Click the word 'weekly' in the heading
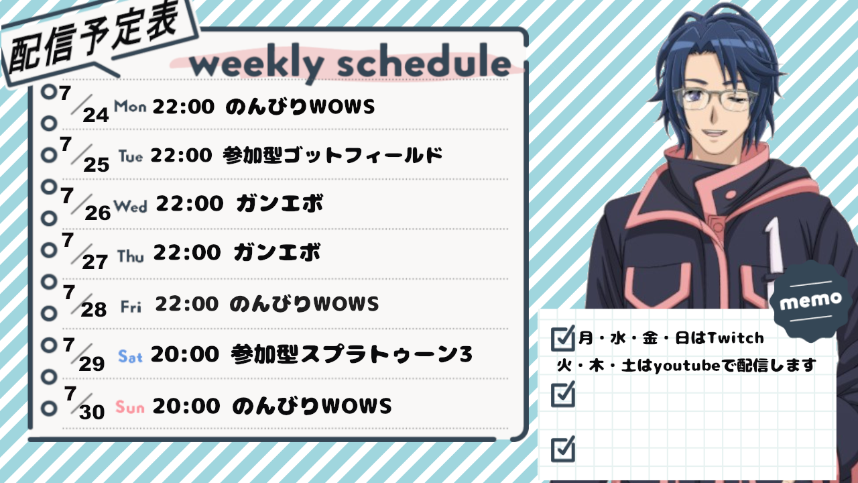click(x=256, y=64)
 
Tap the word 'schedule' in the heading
click(x=424, y=60)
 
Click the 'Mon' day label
click(x=130, y=106)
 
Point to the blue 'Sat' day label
click(x=130, y=357)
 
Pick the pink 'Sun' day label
click(x=130, y=407)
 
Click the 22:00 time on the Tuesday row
click(x=181, y=155)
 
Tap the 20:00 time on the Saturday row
click(x=185, y=354)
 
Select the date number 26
click(x=98, y=213)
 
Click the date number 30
click(x=92, y=412)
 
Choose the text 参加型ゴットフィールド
click(x=332, y=155)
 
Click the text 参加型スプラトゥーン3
click(x=352, y=354)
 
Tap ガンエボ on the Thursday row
click(x=278, y=253)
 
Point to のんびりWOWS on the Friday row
click(x=304, y=304)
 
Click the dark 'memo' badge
click(x=810, y=301)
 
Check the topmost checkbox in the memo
click(x=562, y=338)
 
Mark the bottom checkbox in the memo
click(x=562, y=449)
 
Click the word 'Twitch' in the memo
click(x=735, y=337)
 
